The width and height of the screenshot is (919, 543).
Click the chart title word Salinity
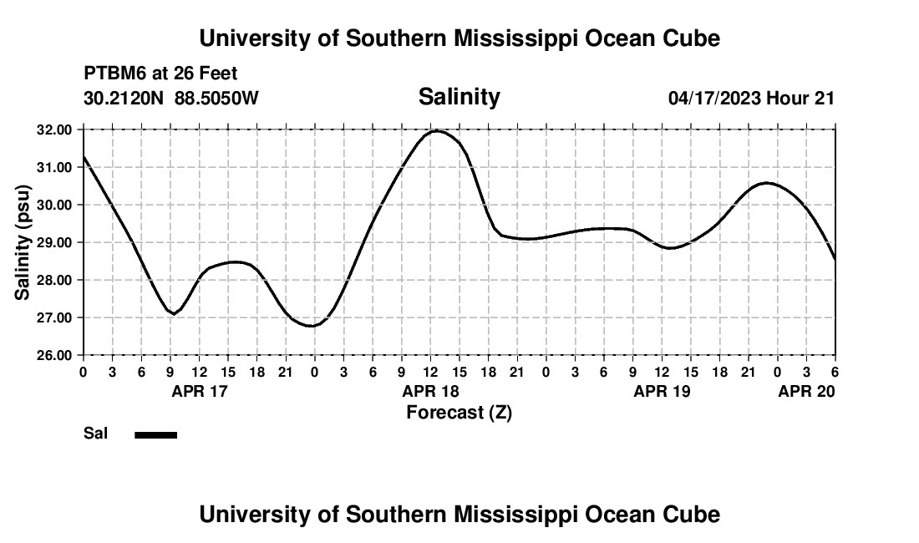click(459, 97)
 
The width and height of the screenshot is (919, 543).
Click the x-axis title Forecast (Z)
click(459, 412)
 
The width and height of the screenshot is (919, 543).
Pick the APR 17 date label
click(199, 391)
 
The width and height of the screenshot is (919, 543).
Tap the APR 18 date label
click(431, 391)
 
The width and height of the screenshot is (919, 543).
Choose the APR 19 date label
click(663, 391)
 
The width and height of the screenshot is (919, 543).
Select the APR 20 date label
click(806, 391)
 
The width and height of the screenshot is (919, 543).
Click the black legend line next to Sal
click(156, 434)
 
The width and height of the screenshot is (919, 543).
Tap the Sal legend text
click(95, 434)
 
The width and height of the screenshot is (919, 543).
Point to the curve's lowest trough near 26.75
click(311, 326)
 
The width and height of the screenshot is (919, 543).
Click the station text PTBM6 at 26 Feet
click(160, 74)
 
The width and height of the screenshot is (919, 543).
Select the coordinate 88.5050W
click(216, 99)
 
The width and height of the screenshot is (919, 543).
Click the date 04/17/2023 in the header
click(714, 99)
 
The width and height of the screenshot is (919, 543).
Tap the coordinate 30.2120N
click(124, 99)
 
